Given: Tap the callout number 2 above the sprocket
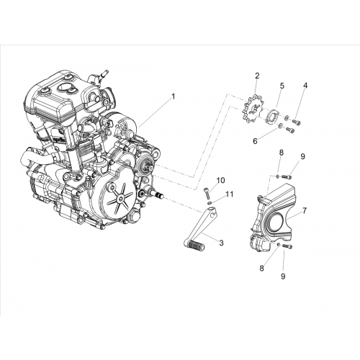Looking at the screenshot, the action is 257,76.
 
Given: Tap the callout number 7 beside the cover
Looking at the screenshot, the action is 305,211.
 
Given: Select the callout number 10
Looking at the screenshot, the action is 221,180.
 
